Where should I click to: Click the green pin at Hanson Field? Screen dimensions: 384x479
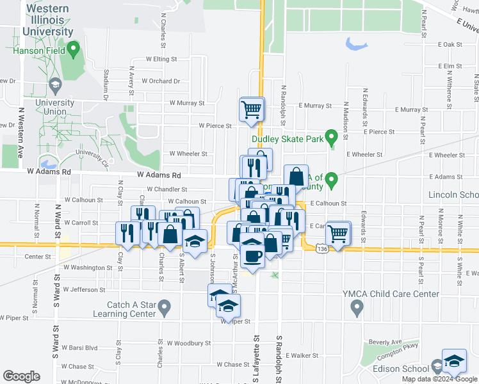[x=73, y=47]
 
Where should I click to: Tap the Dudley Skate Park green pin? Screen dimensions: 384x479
[x=331, y=136]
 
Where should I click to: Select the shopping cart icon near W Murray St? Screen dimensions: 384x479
[x=252, y=108]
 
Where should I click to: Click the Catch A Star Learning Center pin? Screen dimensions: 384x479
[x=165, y=308]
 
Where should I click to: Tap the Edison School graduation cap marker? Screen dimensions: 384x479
[x=454, y=361]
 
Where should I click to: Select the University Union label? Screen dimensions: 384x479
[x=51, y=106]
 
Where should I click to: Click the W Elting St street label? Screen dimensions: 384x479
[x=161, y=59]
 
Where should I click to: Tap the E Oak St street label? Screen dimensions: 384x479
[x=450, y=44]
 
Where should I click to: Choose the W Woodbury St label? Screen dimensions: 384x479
[x=188, y=343]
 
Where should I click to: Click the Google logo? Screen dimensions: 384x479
[x=21, y=376]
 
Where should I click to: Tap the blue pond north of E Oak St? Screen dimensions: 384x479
[x=356, y=44]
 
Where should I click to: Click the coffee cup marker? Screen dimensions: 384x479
[x=252, y=255]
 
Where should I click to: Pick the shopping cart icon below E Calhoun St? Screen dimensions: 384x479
[x=337, y=234]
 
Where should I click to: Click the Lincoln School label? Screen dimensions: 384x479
[x=454, y=195]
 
